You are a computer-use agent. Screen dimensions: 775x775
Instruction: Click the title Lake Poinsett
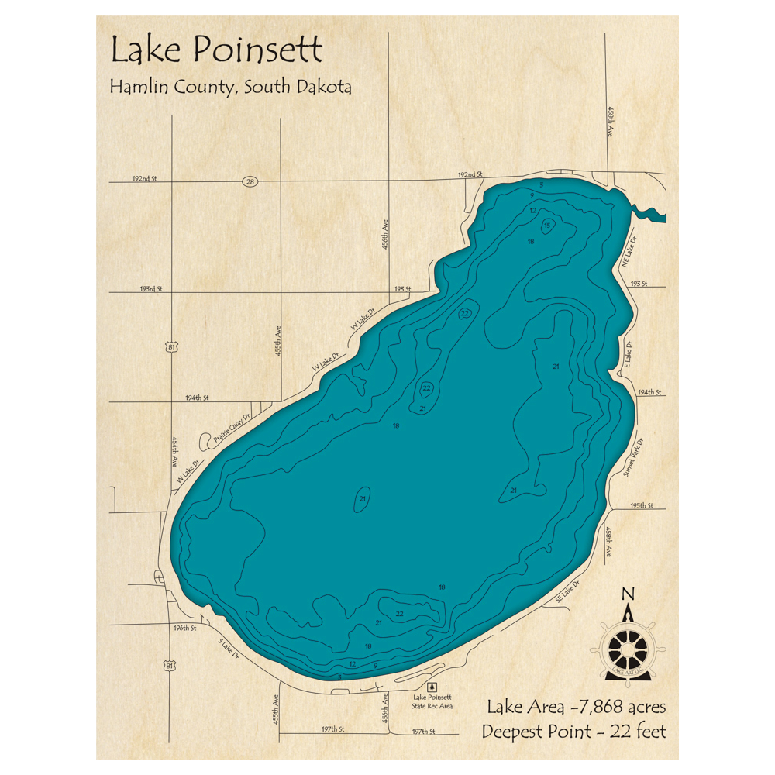click(215, 51)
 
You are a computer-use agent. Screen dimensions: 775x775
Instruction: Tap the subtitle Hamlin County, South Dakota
click(230, 87)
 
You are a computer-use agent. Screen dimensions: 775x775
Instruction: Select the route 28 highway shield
click(250, 181)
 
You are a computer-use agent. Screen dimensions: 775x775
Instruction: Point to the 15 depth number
click(547, 226)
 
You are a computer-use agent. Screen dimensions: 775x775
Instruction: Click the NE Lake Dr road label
click(629, 254)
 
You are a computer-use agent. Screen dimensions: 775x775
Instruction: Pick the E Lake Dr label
click(629, 354)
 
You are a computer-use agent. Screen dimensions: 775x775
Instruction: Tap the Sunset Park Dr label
click(633, 458)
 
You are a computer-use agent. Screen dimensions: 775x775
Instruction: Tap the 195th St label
click(642, 505)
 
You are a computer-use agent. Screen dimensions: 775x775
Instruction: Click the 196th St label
click(185, 628)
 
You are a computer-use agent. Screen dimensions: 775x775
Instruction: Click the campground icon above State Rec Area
click(432, 687)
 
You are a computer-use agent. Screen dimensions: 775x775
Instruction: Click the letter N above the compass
click(629, 594)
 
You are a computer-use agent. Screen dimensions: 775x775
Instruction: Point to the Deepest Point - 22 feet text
click(573, 731)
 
